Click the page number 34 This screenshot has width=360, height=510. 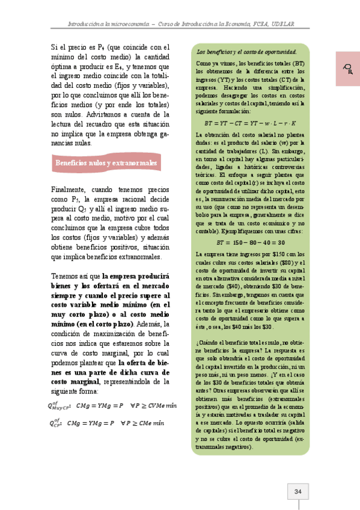coord(298,491)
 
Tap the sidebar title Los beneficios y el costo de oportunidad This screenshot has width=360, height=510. coord(247,52)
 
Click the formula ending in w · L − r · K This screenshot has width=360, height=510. coord(251,123)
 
